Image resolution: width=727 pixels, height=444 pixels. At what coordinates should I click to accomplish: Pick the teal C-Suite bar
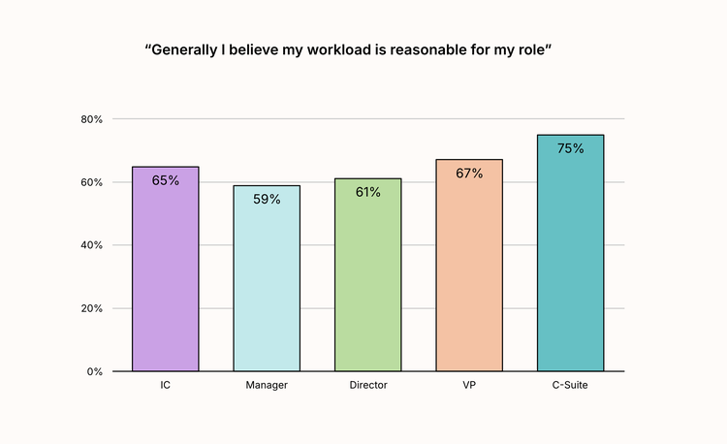point(570,257)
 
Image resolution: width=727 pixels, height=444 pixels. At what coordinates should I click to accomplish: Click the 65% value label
point(166,180)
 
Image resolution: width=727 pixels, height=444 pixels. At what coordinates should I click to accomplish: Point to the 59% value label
point(267,200)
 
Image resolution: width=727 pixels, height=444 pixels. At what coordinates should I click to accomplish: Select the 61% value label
point(367,192)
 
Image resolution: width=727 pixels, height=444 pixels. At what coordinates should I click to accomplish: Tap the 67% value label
point(469,174)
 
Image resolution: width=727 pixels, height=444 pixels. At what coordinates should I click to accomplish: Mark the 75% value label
point(570,148)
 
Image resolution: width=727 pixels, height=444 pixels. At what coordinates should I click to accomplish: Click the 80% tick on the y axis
point(92,119)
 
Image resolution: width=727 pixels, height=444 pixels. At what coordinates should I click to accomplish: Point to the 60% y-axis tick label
point(92,182)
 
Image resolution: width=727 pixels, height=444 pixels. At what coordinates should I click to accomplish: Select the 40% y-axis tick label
point(92,245)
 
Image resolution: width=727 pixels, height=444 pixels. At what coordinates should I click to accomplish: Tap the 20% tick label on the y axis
point(92,308)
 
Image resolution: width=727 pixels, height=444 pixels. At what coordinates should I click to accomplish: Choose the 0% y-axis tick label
point(95,371)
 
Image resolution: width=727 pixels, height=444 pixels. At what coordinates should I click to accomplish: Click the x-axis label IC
point(166,386)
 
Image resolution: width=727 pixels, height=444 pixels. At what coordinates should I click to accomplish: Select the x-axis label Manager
point(267,386)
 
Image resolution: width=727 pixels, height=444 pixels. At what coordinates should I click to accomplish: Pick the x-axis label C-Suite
point(570,386)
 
